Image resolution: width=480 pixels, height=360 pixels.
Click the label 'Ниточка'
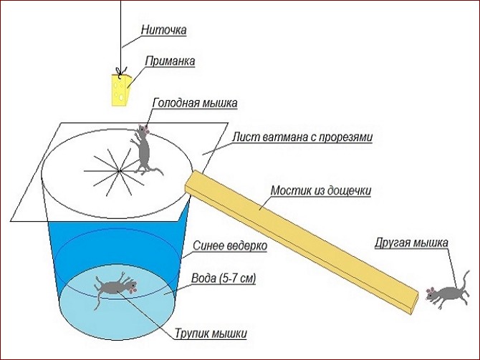[x=164, y=30]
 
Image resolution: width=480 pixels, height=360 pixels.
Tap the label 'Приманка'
[x=170, y=61]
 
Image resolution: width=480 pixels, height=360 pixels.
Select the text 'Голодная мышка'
[x=195, y=103]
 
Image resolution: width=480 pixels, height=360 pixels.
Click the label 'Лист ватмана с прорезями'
[x=302, y=137]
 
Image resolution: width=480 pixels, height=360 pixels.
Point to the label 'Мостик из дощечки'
[x=321, y=190]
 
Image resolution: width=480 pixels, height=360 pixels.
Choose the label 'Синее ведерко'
[x=230, y=245]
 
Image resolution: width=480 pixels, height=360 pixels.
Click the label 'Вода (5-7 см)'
[x=224, y=278]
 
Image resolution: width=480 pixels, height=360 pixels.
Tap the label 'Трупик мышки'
[x=211, y=333]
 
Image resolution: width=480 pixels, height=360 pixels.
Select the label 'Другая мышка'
[x=412, y=243]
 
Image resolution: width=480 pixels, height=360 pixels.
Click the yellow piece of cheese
[x=120, y=89]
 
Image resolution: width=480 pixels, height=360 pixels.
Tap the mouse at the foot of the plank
[x=447, y=291]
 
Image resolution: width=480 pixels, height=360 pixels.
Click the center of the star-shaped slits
[x=119, y=170]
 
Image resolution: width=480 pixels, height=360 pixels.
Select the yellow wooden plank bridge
[x=302, y=242]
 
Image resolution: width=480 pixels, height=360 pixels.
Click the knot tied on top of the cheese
[x=121, y=72]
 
